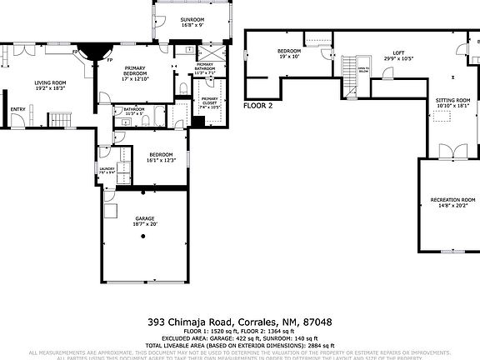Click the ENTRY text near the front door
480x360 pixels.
(17, 108)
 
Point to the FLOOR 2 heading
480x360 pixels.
(257, 106)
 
